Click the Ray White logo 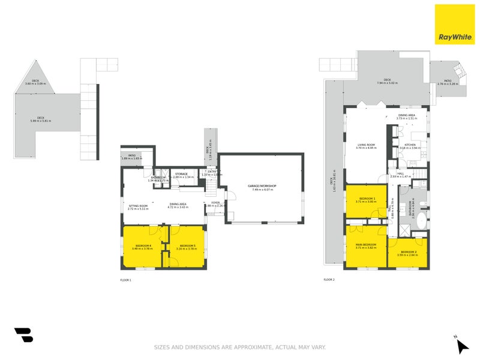pyautogui.click(x=454, y=25)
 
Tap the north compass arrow pyautogui.click(x=461, y=345)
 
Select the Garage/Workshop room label pyautogui.click(x=262, y=187)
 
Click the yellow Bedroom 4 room pyautogui.click(x=143, y=246)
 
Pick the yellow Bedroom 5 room pyautogui.click(x=188, y=246)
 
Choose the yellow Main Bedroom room pyautogui.click(x=365, y=246)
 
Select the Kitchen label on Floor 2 pyautogui.click(x=410, y=145)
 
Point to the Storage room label pyautogui.click(x=181, y=174)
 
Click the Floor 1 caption pyautogui.click(x=125, y=280)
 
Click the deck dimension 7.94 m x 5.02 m pyautogui.click(x=387, y=83)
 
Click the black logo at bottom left pyautogui.click(x=23, y=335)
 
